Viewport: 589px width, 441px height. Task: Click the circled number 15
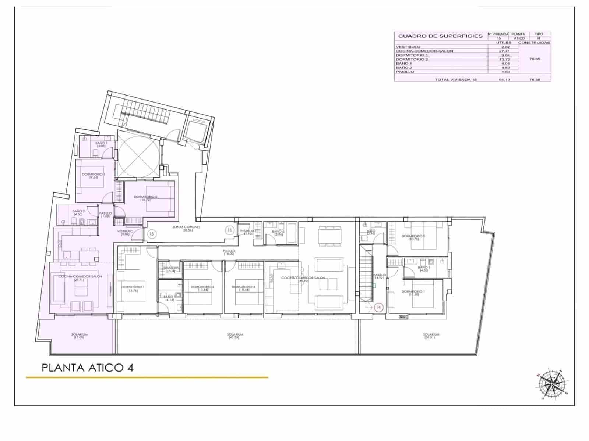pos(152,233)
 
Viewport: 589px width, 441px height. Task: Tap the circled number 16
pos(230,230)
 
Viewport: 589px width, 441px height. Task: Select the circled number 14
pos(379,307)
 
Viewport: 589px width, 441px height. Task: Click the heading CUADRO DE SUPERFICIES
pos(440,36)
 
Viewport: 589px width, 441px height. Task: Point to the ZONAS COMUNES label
pos(186,227)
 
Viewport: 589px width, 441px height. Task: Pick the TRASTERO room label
pos(171,268)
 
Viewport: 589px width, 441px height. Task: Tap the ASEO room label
pos(371,231)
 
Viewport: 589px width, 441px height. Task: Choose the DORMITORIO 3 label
pos(244,287)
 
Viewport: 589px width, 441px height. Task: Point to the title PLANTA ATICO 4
pos(88,367)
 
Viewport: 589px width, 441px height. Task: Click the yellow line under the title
pos(147,377)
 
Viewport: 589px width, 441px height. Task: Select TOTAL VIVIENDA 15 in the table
pos(456,79)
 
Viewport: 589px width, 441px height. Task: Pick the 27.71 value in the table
pos(504,51)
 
